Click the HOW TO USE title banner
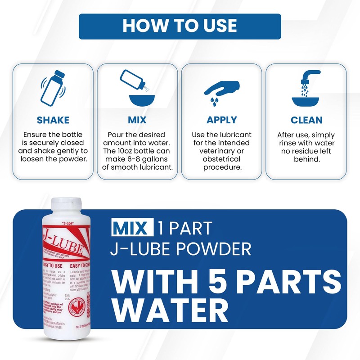tap(180, 26)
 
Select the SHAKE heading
tap(53, 120)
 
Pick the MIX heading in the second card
tap(137, 120)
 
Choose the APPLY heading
tap(221, 120)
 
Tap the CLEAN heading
tap(306, 120)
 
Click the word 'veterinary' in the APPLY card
tap(221, 151)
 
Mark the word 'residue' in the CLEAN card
tap(315, 151)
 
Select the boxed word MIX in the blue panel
tap(130, 229)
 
